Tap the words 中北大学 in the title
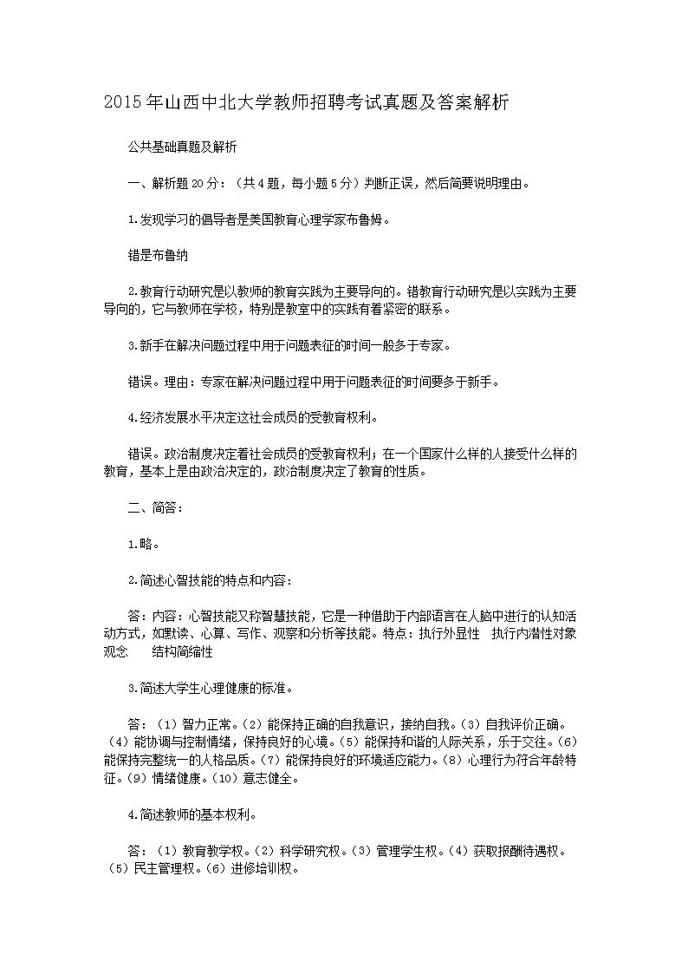[231, 103]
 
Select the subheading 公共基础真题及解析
[182, 147]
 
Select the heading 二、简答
[155, 507]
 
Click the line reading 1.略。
[143, 544]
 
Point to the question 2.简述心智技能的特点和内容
[210, 580]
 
